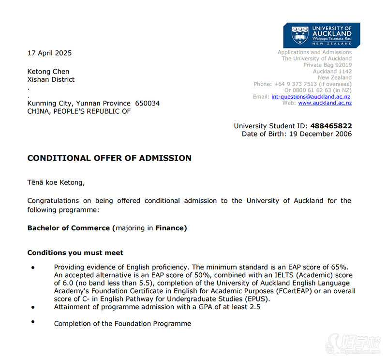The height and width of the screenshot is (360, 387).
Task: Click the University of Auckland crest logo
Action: pos(300,35)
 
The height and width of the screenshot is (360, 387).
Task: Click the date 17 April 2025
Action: pos(49,53)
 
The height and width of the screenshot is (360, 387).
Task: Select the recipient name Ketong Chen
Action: pos(48,72)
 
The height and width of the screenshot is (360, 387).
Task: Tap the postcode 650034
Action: pos(147,103)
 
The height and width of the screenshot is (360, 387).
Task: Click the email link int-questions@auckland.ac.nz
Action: pos(311,97)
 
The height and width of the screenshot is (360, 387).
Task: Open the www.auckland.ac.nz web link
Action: pos(325,103)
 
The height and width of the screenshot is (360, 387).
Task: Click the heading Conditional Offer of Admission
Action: pos(109,158)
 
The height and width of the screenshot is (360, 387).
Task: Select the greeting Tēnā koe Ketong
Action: pos(56,182)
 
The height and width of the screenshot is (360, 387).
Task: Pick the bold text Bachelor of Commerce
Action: pos(69,228)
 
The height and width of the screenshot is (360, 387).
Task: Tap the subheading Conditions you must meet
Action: pos(75,253)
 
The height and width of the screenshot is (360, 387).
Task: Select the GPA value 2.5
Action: pos(254,307)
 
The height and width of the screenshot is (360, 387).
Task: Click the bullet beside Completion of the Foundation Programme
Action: pos(33,322)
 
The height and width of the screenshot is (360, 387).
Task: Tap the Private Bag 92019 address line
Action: pos(327,65)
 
